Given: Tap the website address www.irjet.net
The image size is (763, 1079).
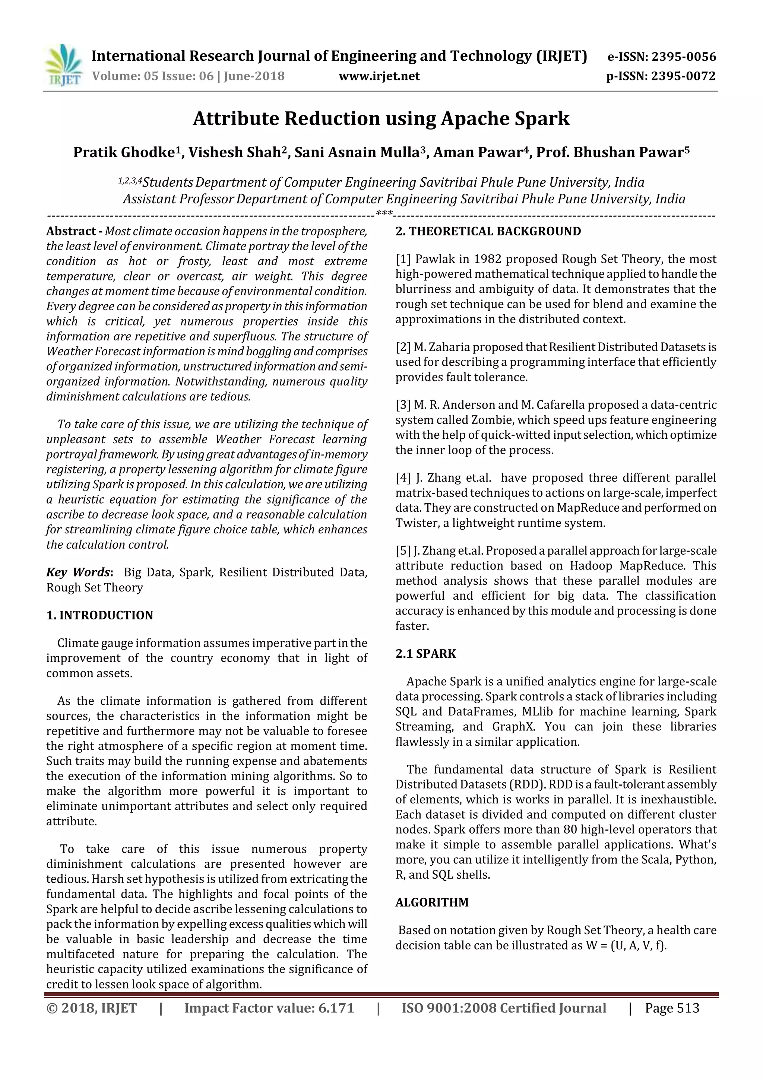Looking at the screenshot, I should click(379, 76).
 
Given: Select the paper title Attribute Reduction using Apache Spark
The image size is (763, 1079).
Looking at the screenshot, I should click(381, 118).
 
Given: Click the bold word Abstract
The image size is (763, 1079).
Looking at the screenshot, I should click(70, 231).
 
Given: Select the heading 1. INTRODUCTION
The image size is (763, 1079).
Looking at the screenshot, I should click(100, 615).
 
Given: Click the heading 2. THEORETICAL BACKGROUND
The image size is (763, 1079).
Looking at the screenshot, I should click(488, 231).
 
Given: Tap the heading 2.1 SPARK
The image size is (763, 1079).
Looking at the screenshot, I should click(425, 654).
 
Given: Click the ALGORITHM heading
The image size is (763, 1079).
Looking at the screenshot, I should click(431, 902).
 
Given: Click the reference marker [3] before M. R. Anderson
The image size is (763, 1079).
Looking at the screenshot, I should click(403, 404).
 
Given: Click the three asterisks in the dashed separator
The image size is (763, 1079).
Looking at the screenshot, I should click(384, 214).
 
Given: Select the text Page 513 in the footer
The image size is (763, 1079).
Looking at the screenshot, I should click(672, 1008).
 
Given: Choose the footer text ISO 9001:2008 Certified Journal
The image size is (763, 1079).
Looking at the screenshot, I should click(503, 1008).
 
